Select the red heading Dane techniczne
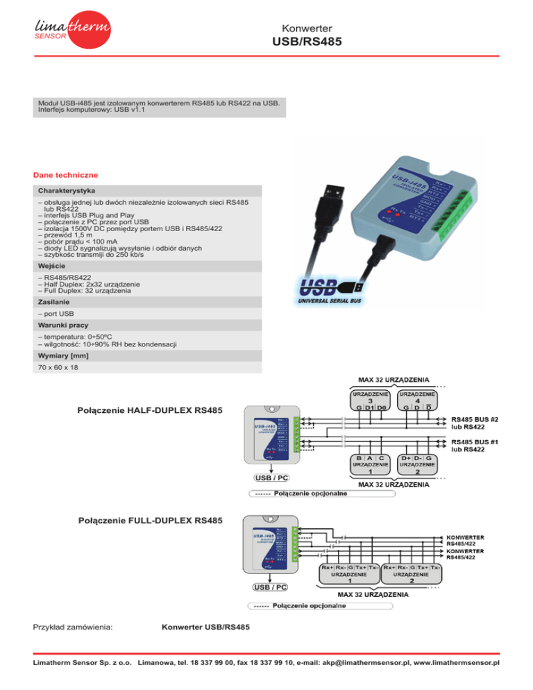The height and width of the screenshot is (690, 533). (x=67, y=174)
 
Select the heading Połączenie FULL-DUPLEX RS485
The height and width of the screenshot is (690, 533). (x=151, y=519)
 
